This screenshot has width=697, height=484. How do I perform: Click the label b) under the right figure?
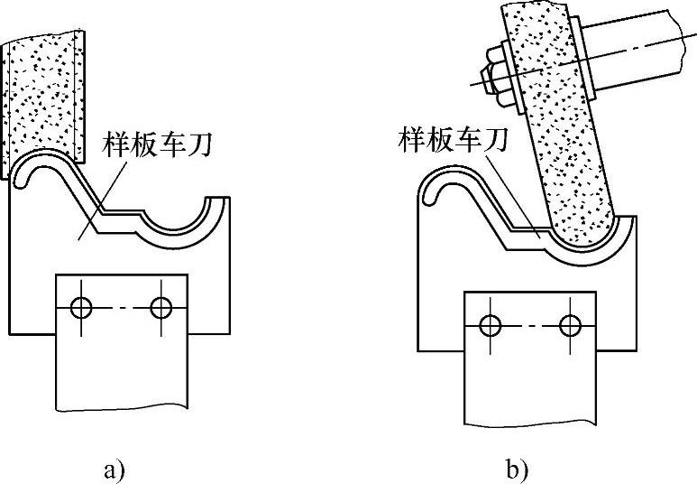click(517, 470)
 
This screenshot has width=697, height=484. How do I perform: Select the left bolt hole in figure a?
click(82, 308)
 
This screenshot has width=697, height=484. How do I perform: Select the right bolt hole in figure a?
click(161, 308)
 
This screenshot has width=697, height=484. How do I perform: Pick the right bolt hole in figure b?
click(570, 324)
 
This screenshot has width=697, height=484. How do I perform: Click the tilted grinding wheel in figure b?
click(564, 135)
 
